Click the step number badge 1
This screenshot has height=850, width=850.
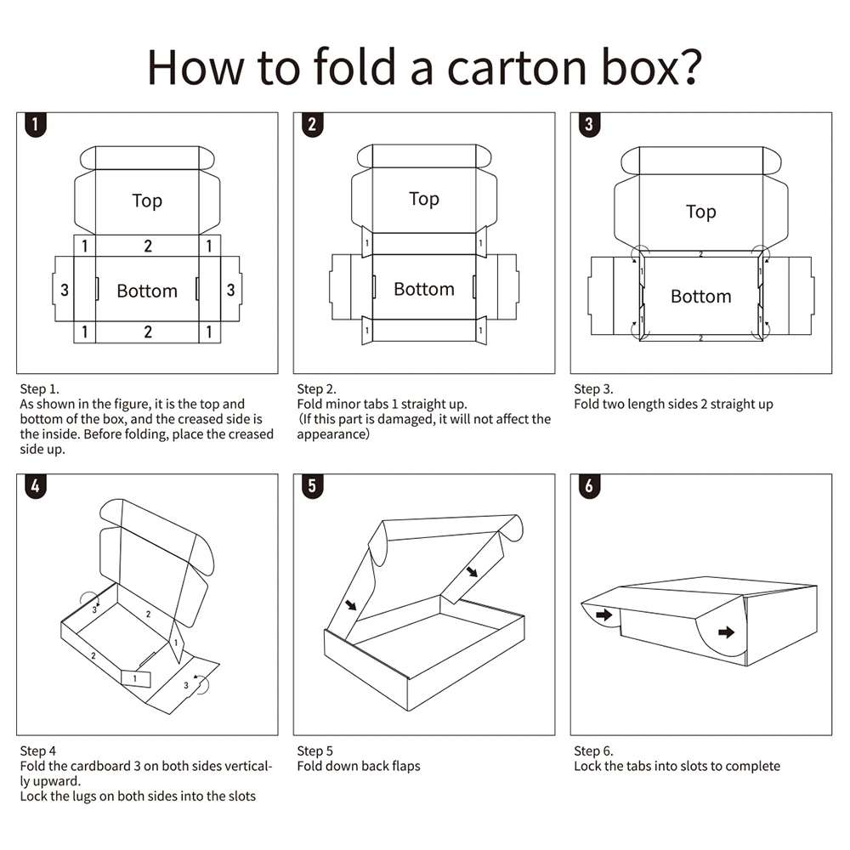[x=35, y=125]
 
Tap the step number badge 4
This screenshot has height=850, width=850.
[x=35, y=487]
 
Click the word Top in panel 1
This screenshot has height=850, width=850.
[x=147, y=201]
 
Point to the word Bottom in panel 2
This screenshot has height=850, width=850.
[x=423, y=289]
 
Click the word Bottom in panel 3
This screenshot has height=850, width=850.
[x=700, y=296]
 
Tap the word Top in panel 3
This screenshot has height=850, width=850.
[x=700, y=212]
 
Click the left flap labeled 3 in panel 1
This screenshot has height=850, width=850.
[x=65, y=290]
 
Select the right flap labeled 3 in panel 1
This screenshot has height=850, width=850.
[x=230, y=290]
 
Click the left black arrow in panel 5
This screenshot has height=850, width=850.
[x=351, y=605]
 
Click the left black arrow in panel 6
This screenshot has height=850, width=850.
[x=603, y=615]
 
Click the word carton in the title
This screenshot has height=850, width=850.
[x=518, y=67]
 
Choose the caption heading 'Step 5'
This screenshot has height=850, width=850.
[x=314, y=751]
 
